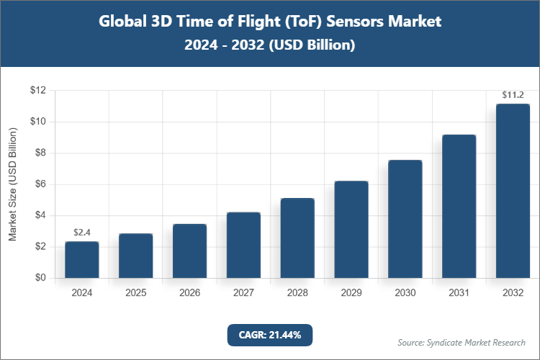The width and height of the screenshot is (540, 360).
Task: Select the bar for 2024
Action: pos(82,260)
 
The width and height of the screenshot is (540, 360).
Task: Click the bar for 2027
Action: pos(243,245)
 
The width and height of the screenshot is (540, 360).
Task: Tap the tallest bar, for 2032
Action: pos(513,191)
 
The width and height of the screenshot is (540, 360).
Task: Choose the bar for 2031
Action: pos(459,206)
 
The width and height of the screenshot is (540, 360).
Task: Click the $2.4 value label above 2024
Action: pos(82,232)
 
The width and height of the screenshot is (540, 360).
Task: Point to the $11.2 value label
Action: pos(513,94)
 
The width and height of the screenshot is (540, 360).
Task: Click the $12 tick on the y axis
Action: pos(37,91)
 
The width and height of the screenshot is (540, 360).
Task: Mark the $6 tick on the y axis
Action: pos(40,184)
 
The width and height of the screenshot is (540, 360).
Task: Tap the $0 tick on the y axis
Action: pos(40,278)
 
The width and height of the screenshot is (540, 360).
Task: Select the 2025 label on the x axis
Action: pos(136,293)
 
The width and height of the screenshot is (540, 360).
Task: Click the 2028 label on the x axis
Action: pos(297,293)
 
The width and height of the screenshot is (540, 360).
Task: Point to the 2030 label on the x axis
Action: pos(405,293)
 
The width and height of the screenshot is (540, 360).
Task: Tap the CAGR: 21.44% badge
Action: pos(270,334)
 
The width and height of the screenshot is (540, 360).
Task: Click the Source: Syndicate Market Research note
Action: pos(462,342)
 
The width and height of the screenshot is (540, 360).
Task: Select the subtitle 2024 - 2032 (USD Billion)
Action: pos(270,45)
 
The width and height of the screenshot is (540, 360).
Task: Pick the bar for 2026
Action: pos(190,251)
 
